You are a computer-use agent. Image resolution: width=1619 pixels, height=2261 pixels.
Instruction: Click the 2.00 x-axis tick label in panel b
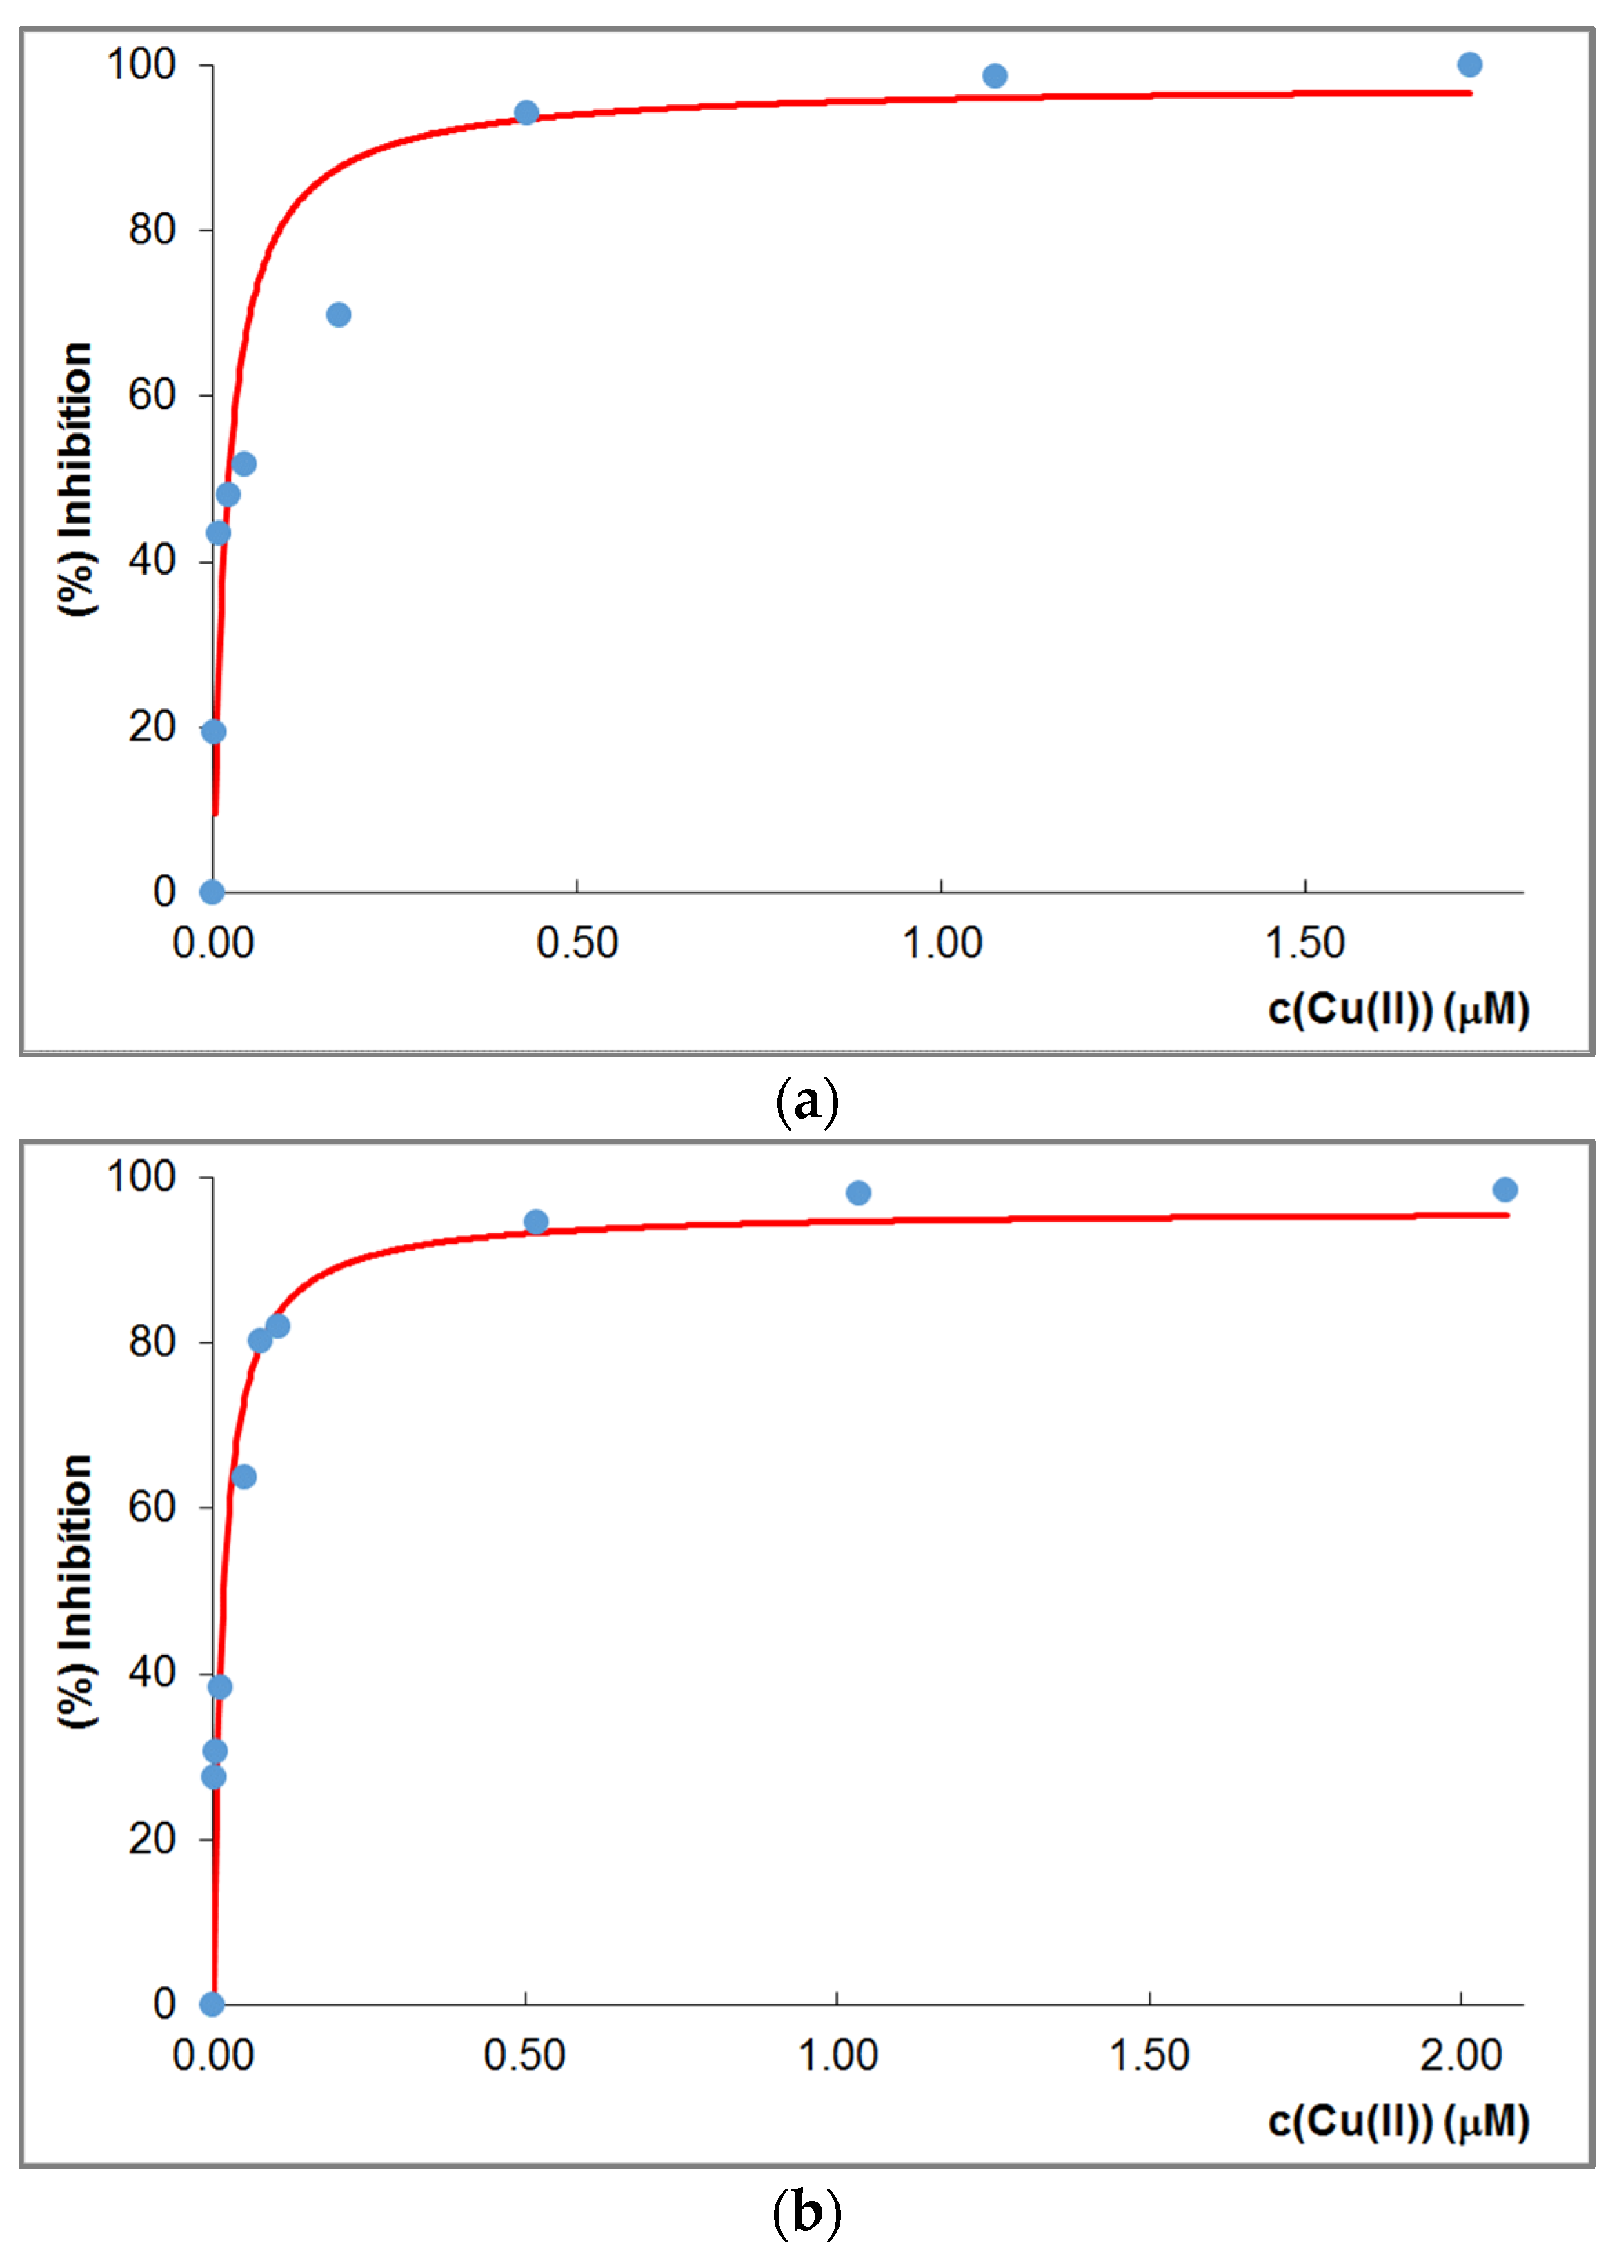coord(1460,2055)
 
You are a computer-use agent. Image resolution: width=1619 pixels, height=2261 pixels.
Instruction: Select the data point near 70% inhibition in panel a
coord(339,315)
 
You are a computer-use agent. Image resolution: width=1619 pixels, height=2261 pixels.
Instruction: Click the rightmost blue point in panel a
coord(1469,65)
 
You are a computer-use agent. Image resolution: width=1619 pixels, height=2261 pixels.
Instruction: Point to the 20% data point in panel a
coord(213,732)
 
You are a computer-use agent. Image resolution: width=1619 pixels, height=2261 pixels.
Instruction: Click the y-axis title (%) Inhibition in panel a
coord(77,479)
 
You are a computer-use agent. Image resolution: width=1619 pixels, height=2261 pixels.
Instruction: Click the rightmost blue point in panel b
coord(1505,1189)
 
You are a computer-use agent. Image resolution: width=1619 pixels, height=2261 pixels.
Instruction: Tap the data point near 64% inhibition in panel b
coord(244,1477)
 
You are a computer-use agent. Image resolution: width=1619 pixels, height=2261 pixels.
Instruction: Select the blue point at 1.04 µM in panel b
coord(858,1193)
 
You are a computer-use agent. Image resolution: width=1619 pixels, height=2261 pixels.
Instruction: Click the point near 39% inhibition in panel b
coord(220,1686)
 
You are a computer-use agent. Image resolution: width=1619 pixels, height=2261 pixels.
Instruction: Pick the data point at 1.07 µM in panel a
coord(994,76)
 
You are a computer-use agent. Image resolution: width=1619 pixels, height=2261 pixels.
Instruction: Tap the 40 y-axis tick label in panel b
coord(152,1672)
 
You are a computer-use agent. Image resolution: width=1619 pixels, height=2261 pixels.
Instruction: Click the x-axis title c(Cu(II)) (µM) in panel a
coord(1398,1009)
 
